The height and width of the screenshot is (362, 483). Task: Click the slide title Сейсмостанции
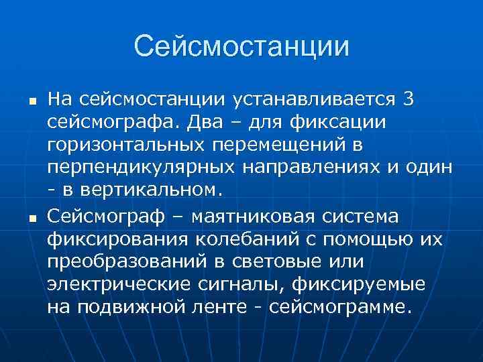click(241, 47)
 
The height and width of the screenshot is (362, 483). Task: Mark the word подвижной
click(126, 308)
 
